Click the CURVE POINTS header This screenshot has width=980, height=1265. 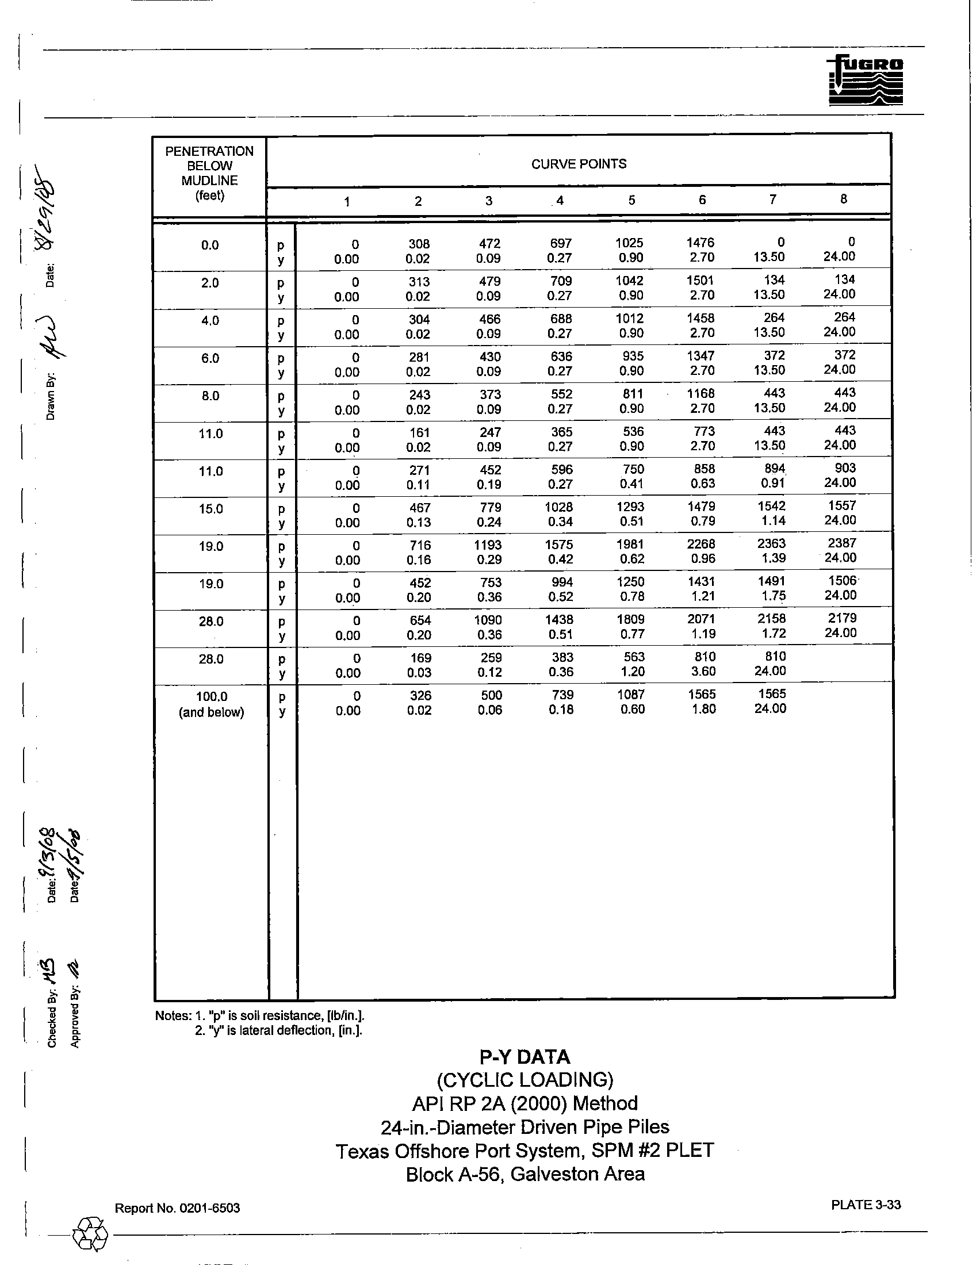[x=579, y=164]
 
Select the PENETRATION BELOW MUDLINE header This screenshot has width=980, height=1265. [x=209, y=173]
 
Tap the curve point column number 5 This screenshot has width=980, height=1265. [x=631, y=200]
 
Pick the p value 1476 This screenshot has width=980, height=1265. [x=700, y=243]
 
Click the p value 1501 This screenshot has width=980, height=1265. [x=700, y=281]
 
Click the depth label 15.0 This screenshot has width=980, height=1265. [x=211, y=509]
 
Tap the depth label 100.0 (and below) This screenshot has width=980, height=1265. [x=211, y=704]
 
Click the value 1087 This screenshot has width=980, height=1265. [x=631, y=695]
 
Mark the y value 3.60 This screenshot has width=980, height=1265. [x=704, y=672]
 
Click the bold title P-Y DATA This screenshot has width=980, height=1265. [x=525, y=1057]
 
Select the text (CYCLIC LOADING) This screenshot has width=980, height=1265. [x=525, y=1080]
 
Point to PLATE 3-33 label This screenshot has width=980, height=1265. [x=866, y=1205]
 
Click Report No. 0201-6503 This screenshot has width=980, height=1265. [x=177, y=1208]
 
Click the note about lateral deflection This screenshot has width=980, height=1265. [x=278, y=1030]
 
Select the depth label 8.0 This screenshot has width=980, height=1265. [x=210, y=396]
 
